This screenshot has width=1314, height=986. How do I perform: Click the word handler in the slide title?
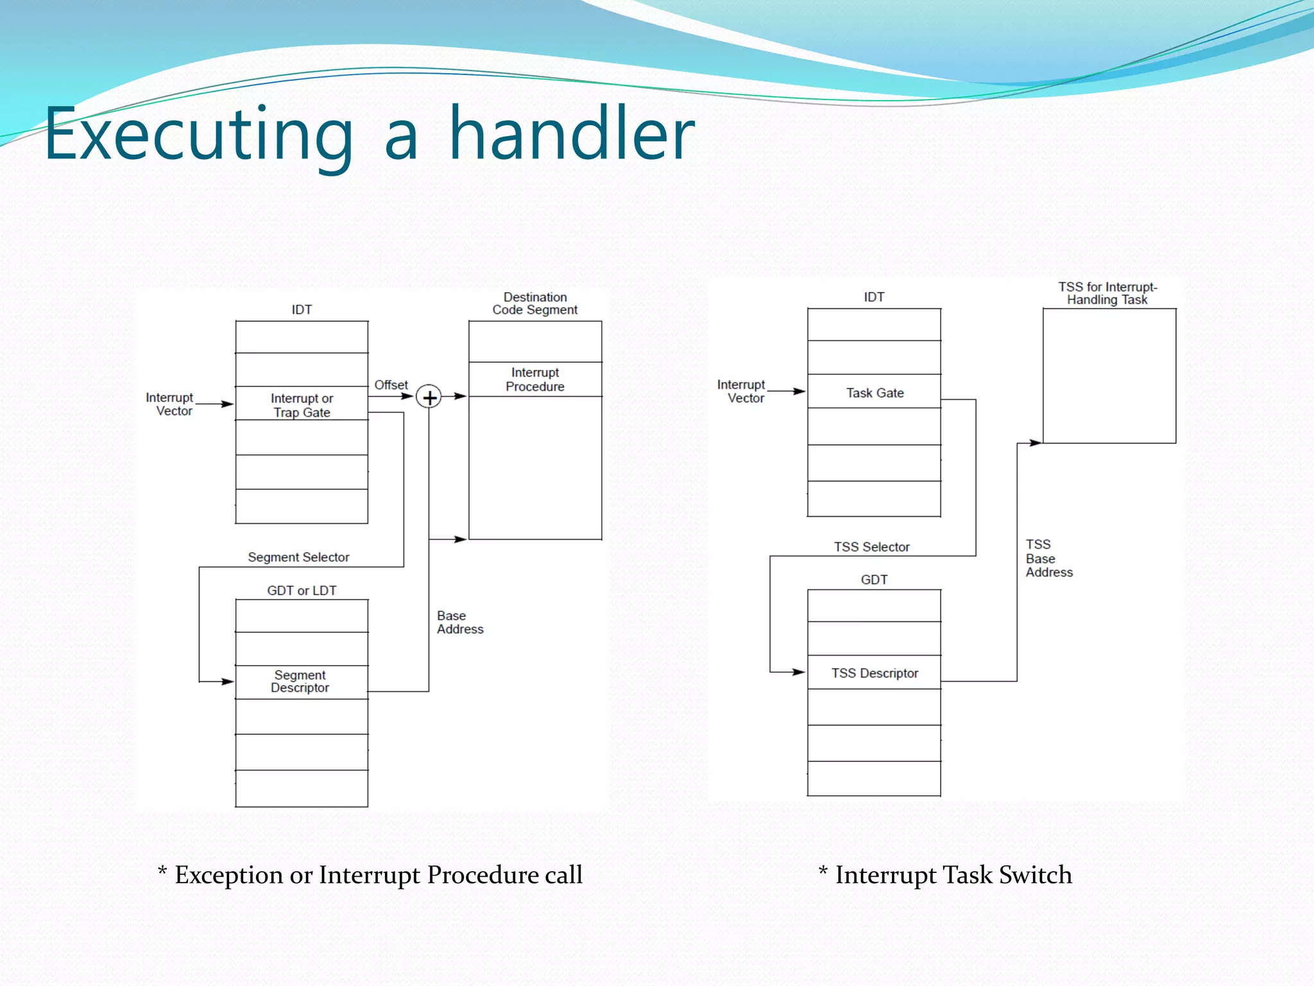[571, 135]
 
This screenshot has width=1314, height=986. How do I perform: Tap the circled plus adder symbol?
[429, 397]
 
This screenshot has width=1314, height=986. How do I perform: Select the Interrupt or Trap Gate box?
[302, 404]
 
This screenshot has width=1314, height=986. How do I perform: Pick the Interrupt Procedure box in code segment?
[535, 379]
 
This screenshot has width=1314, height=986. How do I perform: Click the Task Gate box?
[874, 392]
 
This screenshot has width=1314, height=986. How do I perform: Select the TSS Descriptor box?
[874, 673]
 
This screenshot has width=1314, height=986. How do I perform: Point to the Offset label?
[391, 385]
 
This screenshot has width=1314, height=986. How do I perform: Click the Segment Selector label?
[298, 557]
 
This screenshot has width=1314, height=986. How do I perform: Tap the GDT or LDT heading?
[302, 590]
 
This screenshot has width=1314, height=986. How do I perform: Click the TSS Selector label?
[871, 547]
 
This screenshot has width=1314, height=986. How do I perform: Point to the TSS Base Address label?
[1048, 558]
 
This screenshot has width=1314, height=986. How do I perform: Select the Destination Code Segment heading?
[535, 303]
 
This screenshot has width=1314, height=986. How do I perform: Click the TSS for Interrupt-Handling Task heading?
[1108, 293]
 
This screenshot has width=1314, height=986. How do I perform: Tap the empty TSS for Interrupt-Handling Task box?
[1109, 376]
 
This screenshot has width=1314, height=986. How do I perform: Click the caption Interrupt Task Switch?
[945, 875]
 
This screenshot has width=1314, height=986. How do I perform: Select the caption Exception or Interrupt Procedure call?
[371, 875]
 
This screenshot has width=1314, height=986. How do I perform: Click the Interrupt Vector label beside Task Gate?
[742, 391]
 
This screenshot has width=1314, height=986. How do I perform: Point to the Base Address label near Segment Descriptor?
[459, 622]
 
